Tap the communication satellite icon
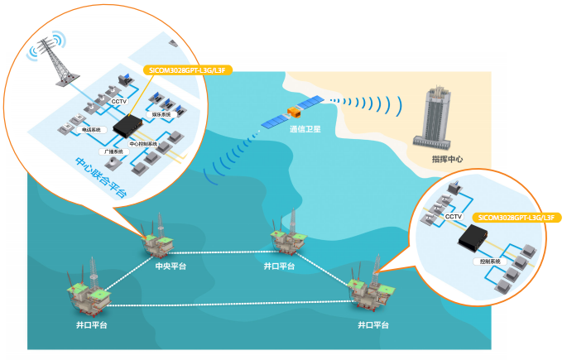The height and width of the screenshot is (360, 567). tap(291, 113)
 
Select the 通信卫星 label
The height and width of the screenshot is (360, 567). tap(305, 129)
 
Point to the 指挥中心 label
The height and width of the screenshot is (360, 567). tap(448, 158)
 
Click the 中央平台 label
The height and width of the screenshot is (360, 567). tap(171, 266)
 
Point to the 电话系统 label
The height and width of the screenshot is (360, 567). tap(90, 130)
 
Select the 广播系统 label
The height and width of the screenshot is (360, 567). tap(113, 152)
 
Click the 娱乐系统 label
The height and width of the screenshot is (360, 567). tap(161, 114)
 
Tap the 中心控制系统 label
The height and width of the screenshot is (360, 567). tap(143, 144)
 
